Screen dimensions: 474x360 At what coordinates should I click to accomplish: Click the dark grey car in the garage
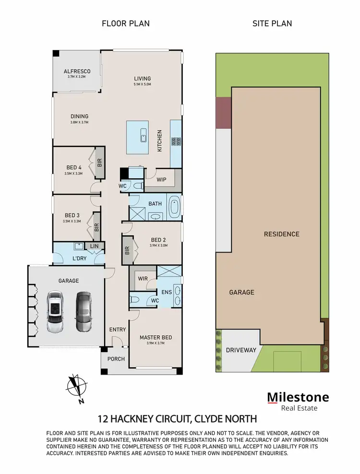pyautogui.click(x=84, y=312)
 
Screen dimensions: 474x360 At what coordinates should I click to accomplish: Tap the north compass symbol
pyautogui.click(x=77, y=387)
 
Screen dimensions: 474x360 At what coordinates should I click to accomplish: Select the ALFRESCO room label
pyautogui.click(x=77, y=72)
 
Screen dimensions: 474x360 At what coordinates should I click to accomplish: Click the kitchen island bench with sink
pyautogui.click(x=143, y=136)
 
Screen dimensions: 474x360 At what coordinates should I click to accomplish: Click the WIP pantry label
pyautogui.click(x=162, y=180)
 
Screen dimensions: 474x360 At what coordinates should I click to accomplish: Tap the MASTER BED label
pyautogui.click(x=156, y=338)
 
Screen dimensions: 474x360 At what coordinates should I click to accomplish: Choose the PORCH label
pyautogui.click(x=116, y=359)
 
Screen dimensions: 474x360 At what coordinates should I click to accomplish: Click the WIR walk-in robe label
pyautogui.click(x=143, y=278)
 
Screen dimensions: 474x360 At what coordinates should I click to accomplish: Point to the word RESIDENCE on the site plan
pyautogui.click(x=281, y=234)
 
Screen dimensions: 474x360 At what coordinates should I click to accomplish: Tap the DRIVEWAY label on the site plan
pyautogui.click(x=241, y=350)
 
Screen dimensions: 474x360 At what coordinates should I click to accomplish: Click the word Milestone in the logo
pyautogui.click(x=298, y=397)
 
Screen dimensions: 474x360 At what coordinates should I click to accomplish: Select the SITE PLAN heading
pyautogui.click(x=272, y=23)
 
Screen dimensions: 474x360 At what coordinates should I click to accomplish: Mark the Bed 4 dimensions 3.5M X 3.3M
pyautogui.click(x=74, y=174)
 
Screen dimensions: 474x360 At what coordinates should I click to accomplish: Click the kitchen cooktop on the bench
pyautogui.click(x=176, y=141)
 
